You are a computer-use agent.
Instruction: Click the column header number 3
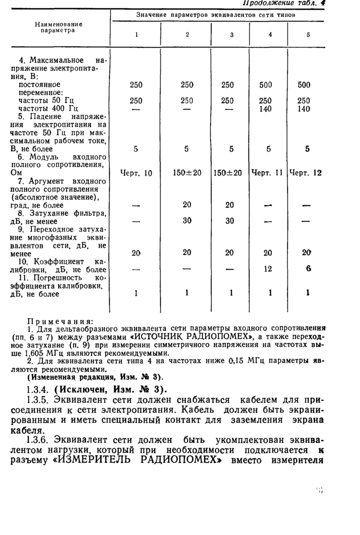pyautogui.click(x=231, y=34)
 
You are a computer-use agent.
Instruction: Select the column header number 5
pyautogui.click(x=308, y=34)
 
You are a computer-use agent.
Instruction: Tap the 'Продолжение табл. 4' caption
pyautogui.click(x=284, y=4)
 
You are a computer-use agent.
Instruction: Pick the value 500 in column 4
pyautogui.click(x=265, y=85)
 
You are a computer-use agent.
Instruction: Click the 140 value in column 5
pyautogui.click(x=304, y=109)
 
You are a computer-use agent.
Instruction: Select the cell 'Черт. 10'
pyautogui.click(x=136, y=173)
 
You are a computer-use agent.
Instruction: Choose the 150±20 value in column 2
pyautogui.click(x=187, y=173)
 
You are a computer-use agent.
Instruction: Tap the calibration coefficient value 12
pyautogui.click(x=267, y=269)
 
